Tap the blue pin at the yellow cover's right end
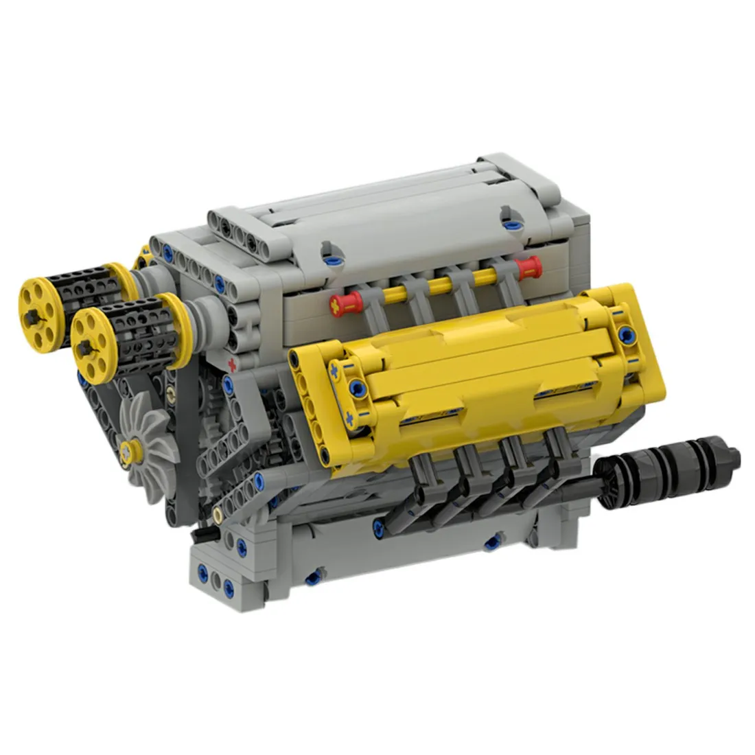click(626, 334)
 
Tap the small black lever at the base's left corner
click(203, 533)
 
